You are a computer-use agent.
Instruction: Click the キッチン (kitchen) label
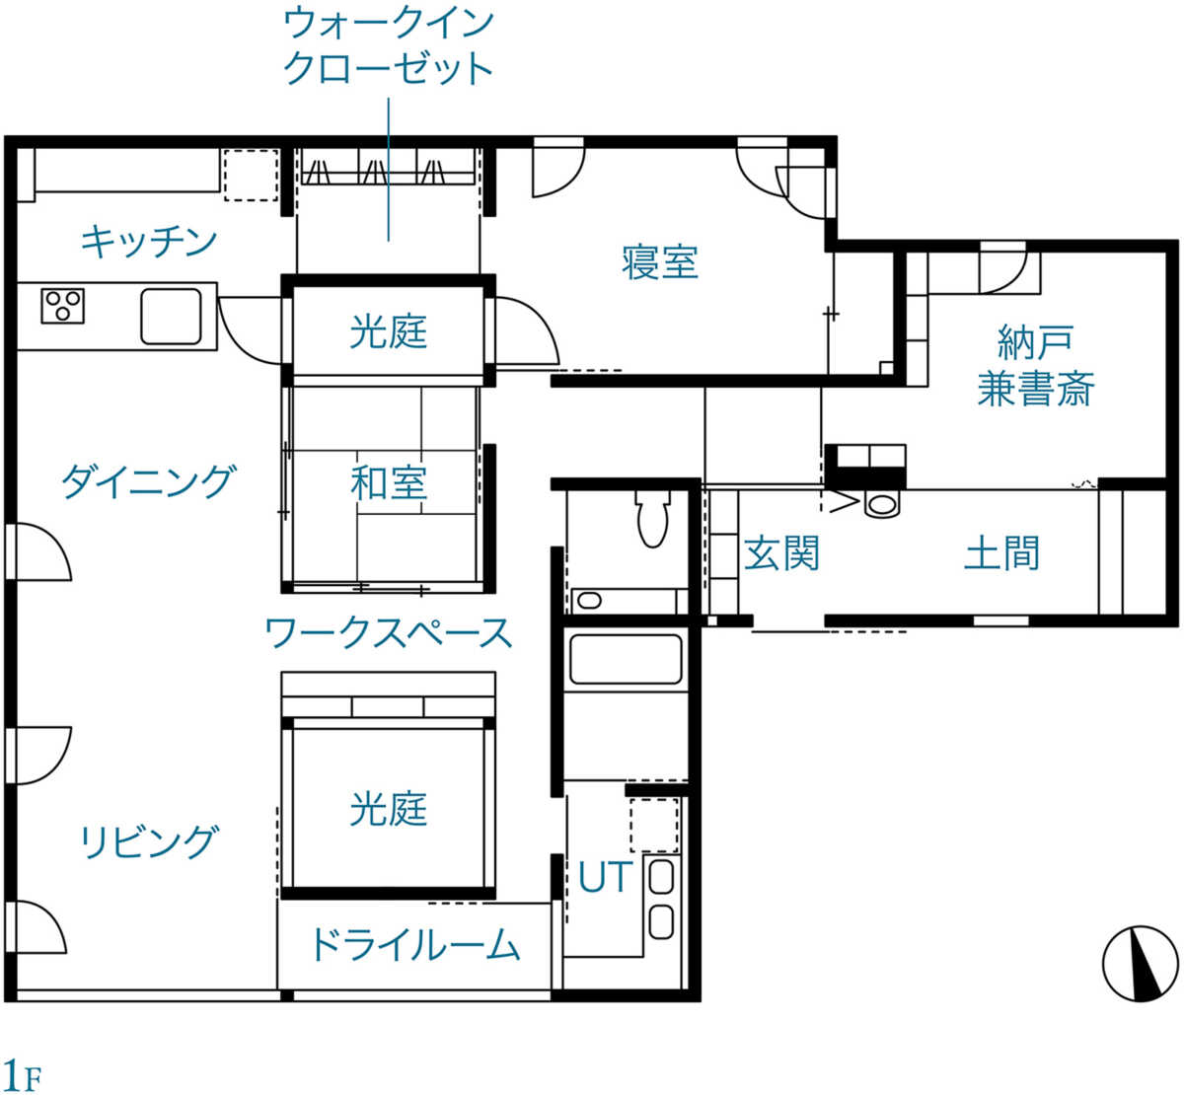[x=148, y=242]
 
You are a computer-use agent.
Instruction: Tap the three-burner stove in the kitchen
[x=62, y=306]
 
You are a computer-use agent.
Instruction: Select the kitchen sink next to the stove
[x=171, y=317]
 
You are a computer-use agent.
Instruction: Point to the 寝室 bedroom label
[x=659, y=262]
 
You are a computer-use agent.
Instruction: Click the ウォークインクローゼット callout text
[x=389, y=46]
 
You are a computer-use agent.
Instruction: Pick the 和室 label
[x=389, y=482]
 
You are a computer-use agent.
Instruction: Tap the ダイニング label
[x=149, y=481]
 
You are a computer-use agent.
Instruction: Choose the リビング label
[x=149, y=841]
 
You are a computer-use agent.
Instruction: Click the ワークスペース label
[x=389, y=632]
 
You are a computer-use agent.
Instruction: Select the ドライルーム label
[x=415, y=944]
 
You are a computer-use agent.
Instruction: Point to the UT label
[x=605, y=876]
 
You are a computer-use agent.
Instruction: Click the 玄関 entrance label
[x=781, y=553]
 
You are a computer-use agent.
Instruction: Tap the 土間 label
[x=1001, y=553]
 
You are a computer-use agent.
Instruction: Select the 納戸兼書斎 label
[x=1036, y=365]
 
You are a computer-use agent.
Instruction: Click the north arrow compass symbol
[x=1140, y=964]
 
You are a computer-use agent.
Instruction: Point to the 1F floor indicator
[x=22, y=1074]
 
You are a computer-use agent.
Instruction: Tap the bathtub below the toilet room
[x=626, y=659]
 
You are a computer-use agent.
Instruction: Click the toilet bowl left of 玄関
[x=653, y=517]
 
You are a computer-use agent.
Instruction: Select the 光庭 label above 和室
[x=389, y=331]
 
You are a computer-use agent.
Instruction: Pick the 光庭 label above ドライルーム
[x=389, y=810]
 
